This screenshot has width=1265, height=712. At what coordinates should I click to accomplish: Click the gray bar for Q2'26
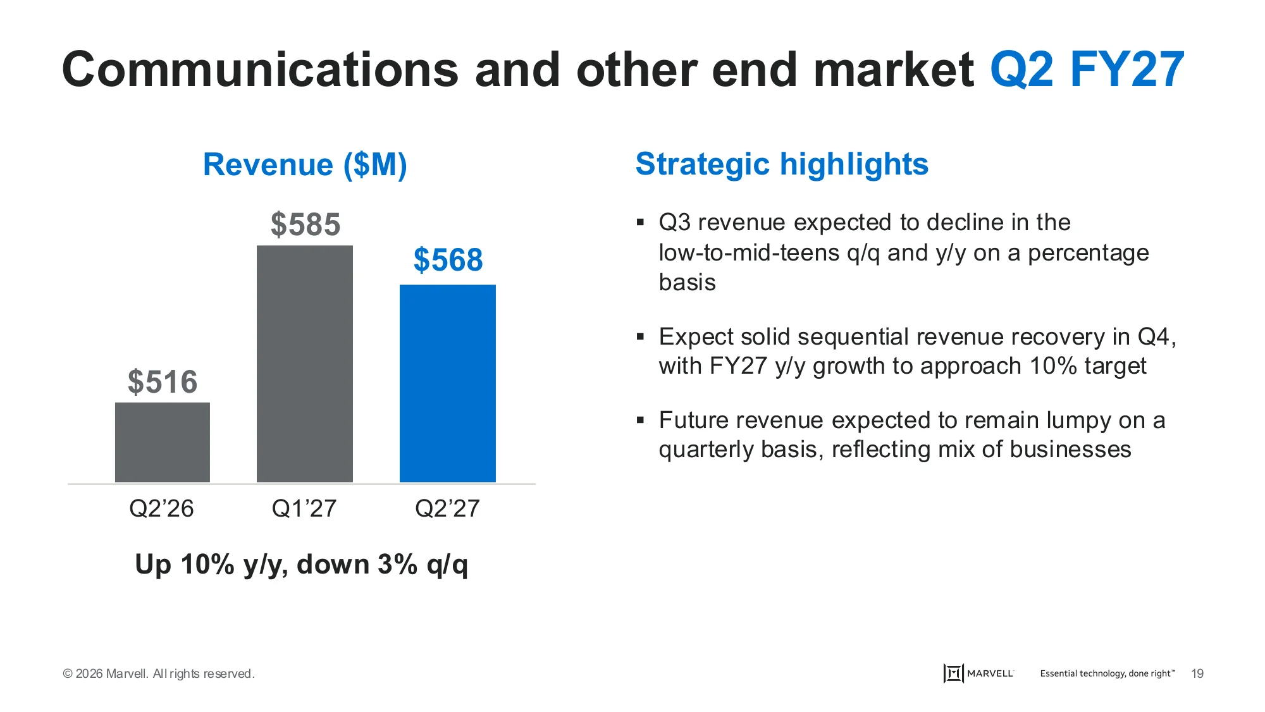click(x=163, y=442)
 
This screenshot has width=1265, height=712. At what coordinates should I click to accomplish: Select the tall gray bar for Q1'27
click(x=305, y=364)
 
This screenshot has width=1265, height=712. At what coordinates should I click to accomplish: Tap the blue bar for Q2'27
click(x=448, y=383)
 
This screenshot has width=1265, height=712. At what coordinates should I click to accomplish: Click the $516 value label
click(x=163, y=382)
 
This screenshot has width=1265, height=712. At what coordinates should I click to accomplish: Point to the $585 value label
click(x=305, y=224)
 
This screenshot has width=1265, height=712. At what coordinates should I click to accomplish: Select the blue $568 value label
click(x=448, y=260)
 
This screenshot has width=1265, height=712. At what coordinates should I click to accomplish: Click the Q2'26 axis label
click(x=161, y=508)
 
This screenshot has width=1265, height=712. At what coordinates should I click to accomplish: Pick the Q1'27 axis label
click(x=304, y=508)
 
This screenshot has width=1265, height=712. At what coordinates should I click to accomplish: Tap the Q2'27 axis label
click(x=447, y=508)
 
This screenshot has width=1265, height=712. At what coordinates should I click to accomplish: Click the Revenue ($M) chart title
click(x=305, y=165)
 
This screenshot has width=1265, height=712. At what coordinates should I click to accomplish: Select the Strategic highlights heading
click(x=782, y=164)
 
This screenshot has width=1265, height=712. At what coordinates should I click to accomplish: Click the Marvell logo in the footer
click(x=978, y=673)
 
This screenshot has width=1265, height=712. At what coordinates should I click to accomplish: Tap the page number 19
click(x=1197, y=673)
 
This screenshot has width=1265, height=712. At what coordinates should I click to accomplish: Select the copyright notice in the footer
click(x=159, y=673)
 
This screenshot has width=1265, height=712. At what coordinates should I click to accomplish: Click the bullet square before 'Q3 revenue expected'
click(x=640, y=222)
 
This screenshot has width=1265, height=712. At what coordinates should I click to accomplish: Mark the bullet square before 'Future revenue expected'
click(x=640, y=420)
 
